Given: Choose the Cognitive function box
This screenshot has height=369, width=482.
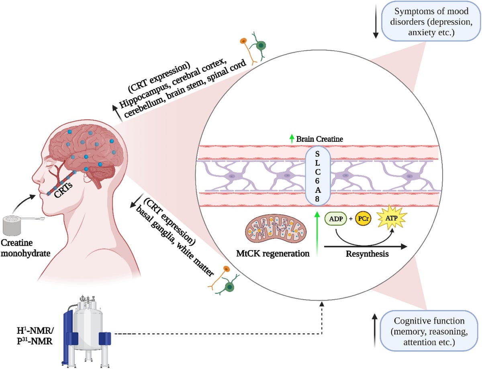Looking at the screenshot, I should tap(429, 332).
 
